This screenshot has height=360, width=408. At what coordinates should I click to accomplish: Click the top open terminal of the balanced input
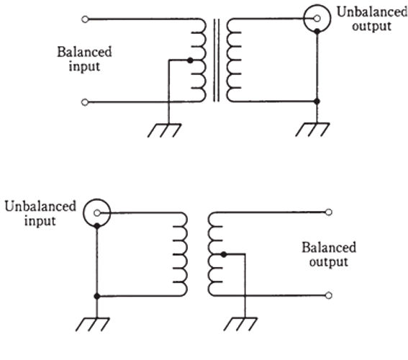click(85, 19)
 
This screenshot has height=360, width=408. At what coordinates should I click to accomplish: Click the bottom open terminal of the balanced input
click(85, 102)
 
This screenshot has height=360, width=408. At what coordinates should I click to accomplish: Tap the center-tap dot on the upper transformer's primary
click(190, 60)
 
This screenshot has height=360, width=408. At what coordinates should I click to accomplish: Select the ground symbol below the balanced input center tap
click(165, 130)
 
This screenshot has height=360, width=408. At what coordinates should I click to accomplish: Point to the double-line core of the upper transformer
click(216, 60)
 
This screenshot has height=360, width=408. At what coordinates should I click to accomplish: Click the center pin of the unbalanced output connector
click(317, 19)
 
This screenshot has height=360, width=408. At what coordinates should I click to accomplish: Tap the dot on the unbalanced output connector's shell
click(317, 32)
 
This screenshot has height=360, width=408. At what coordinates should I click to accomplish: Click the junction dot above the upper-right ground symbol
click(317, 102)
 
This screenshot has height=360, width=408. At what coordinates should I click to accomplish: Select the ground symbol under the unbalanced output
click(312, 130)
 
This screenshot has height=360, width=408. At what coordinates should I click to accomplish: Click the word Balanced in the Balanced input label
click(84, 52)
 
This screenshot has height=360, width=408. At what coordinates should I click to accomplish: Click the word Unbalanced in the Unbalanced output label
click(372, 12)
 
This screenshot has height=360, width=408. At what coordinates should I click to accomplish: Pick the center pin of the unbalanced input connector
click(97, 213)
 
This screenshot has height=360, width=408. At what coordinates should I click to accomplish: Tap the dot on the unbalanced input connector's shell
click(97, 225)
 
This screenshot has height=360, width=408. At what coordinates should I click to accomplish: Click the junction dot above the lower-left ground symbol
click(97, 296)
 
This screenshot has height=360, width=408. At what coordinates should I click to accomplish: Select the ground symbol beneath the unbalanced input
click(93, 324)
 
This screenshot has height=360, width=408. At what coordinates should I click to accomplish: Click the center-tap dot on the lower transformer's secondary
click(224, 254)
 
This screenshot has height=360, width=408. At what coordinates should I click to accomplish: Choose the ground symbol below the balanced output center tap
click(240, 324)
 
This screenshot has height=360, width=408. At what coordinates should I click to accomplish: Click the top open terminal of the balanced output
click(329, 212)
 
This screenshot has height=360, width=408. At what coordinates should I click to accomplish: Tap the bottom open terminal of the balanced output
click(329, 295)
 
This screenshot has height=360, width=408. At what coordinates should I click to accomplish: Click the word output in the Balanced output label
click(329, 262)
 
